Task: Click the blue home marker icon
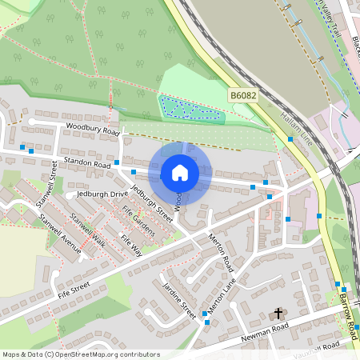(179, 172)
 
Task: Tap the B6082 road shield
(243, 95)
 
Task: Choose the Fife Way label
(130, 244)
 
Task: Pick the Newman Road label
(265, 333)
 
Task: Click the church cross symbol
(279, 314)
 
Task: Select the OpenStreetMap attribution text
(80, 354)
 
